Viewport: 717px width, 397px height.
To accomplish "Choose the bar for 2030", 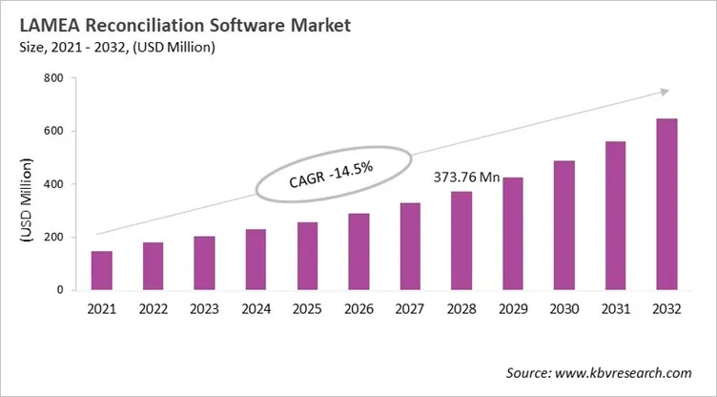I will pyautogui.click(x=563, y=224).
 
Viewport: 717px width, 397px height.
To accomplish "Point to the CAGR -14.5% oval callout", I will pyautogui.click(x=331, y=174).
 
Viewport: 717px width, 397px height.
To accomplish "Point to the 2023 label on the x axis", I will pyautogui.click(x=203, y=310).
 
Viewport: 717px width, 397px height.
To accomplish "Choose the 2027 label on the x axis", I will pyautogui.click(x=408, y=310).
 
